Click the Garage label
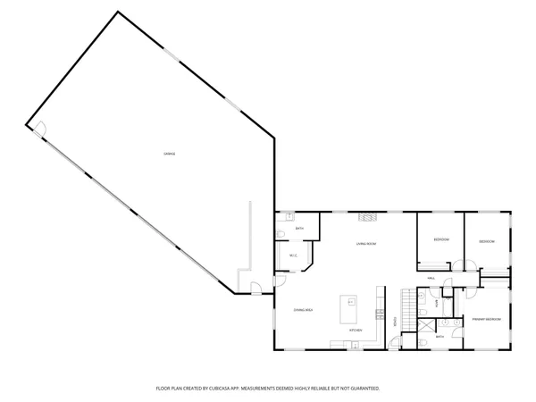pos(169,155)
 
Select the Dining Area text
pos(303,309)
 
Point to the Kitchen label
pos(355,331)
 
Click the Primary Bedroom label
pos(486,319)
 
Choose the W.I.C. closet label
pos(292,256)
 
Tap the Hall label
pos(430,278)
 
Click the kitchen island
pos(348,308)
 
